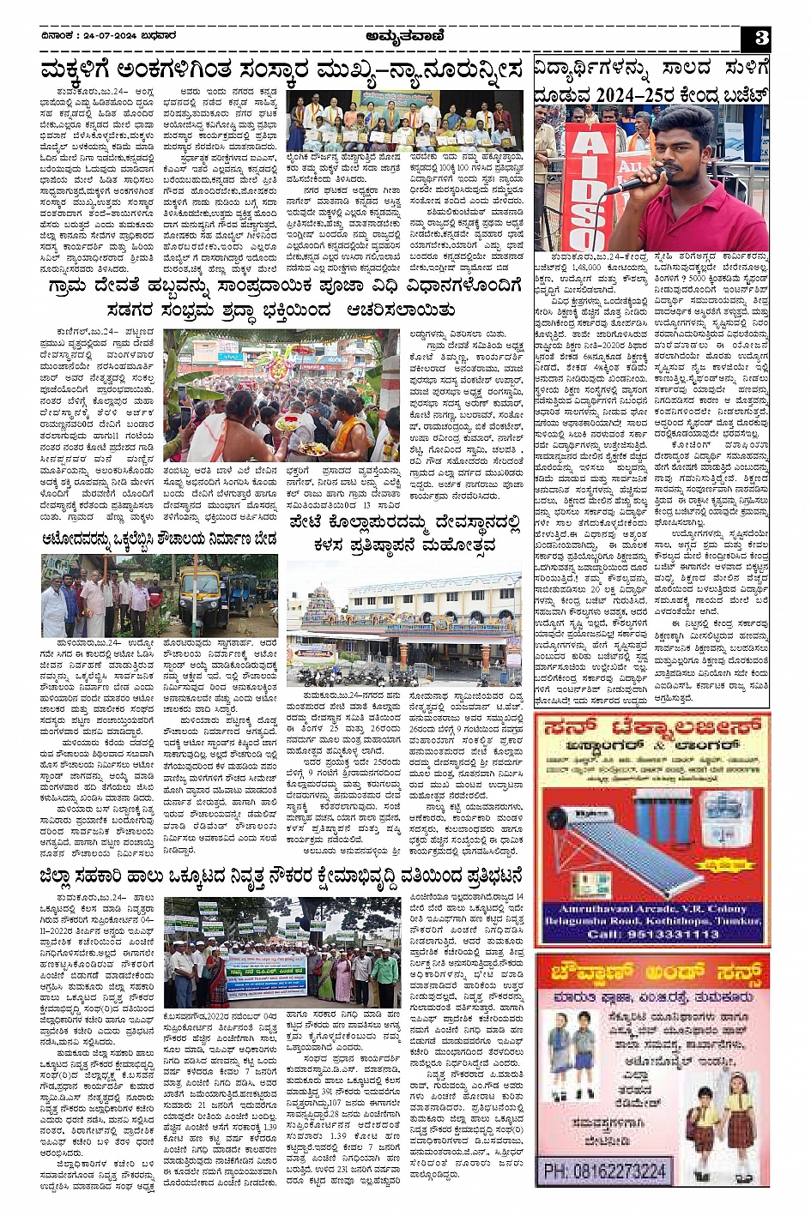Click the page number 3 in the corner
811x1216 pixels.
(760, 38)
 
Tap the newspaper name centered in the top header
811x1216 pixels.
(403, 37)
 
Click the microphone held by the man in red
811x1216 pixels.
(632, 183)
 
